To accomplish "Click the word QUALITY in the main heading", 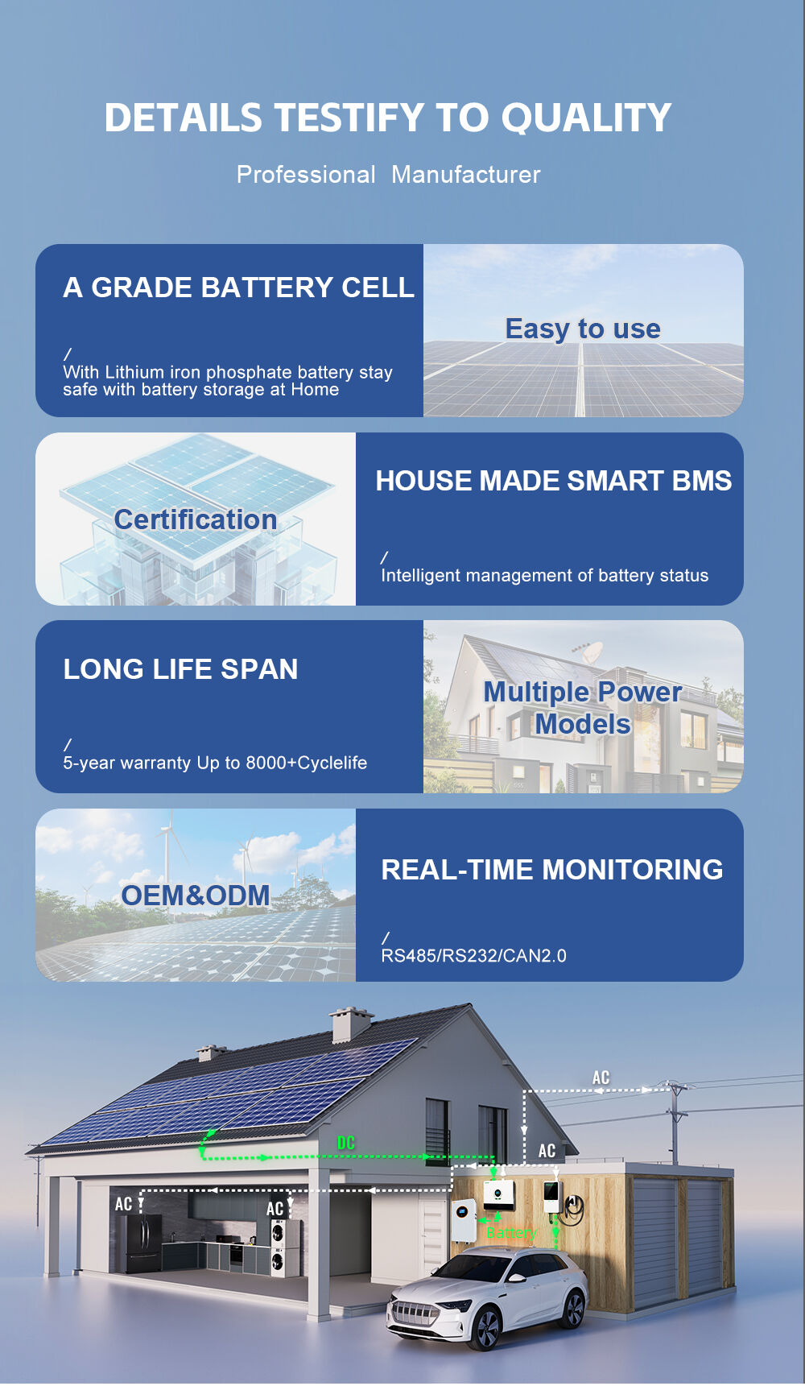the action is pyautogui.click(x=586, y=118).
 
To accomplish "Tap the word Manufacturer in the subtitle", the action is pyautogui.click(x=466, y=174).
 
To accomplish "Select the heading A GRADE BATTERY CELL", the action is pyautogui.click(x=239, y=288).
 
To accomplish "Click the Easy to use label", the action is pyautogui.click(x=583, y=329).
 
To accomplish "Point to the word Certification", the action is pyautogui.click(x=196, y=519).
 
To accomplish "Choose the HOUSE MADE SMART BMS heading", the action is pyautogui.click(x=554, y=481).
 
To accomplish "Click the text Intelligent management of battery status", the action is pyautogui.click(x=545, y=575).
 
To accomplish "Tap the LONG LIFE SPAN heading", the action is pyautogui.click(x=181, y=669).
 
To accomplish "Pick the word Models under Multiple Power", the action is pyautogui.click(x=583, y=724).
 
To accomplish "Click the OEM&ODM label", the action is pyautogui.click(x=196, y=896).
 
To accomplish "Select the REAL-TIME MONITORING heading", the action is pyautogui.click(x=552, y=870).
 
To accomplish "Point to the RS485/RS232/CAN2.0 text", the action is pyautogui.click(x=474, y=956).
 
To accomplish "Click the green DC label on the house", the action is pyautogui.click(x=346, y=1143).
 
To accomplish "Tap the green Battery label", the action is pyautogui.click(x=511, y=1233).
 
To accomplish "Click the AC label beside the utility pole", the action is pyautogui.click(x=601, y=1078).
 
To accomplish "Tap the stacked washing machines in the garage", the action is pyautogui.click(x=278, y=1248).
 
